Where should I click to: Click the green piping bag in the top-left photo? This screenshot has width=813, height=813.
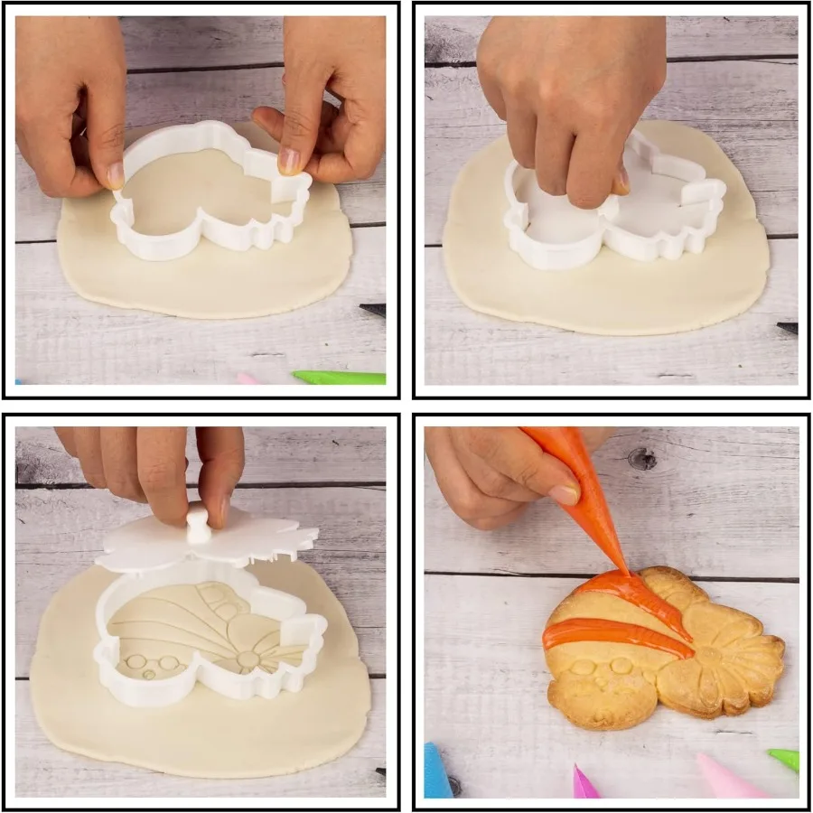coord(339,377)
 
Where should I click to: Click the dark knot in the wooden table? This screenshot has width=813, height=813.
coord(642,459)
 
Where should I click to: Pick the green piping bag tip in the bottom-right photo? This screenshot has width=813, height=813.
coord(785,759)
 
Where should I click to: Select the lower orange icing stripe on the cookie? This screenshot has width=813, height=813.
coord(614,637)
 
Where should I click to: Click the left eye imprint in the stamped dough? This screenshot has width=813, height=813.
coord(135,662)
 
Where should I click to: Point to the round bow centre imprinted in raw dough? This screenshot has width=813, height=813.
coord(247,660)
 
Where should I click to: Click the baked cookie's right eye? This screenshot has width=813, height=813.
coord(621,666)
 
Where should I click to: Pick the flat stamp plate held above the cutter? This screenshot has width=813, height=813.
coord(208,547)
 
